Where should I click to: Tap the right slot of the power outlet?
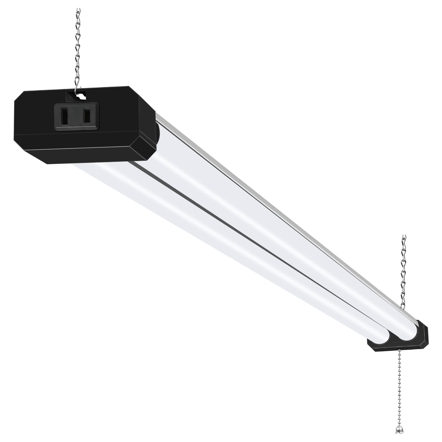coord(86,115)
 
